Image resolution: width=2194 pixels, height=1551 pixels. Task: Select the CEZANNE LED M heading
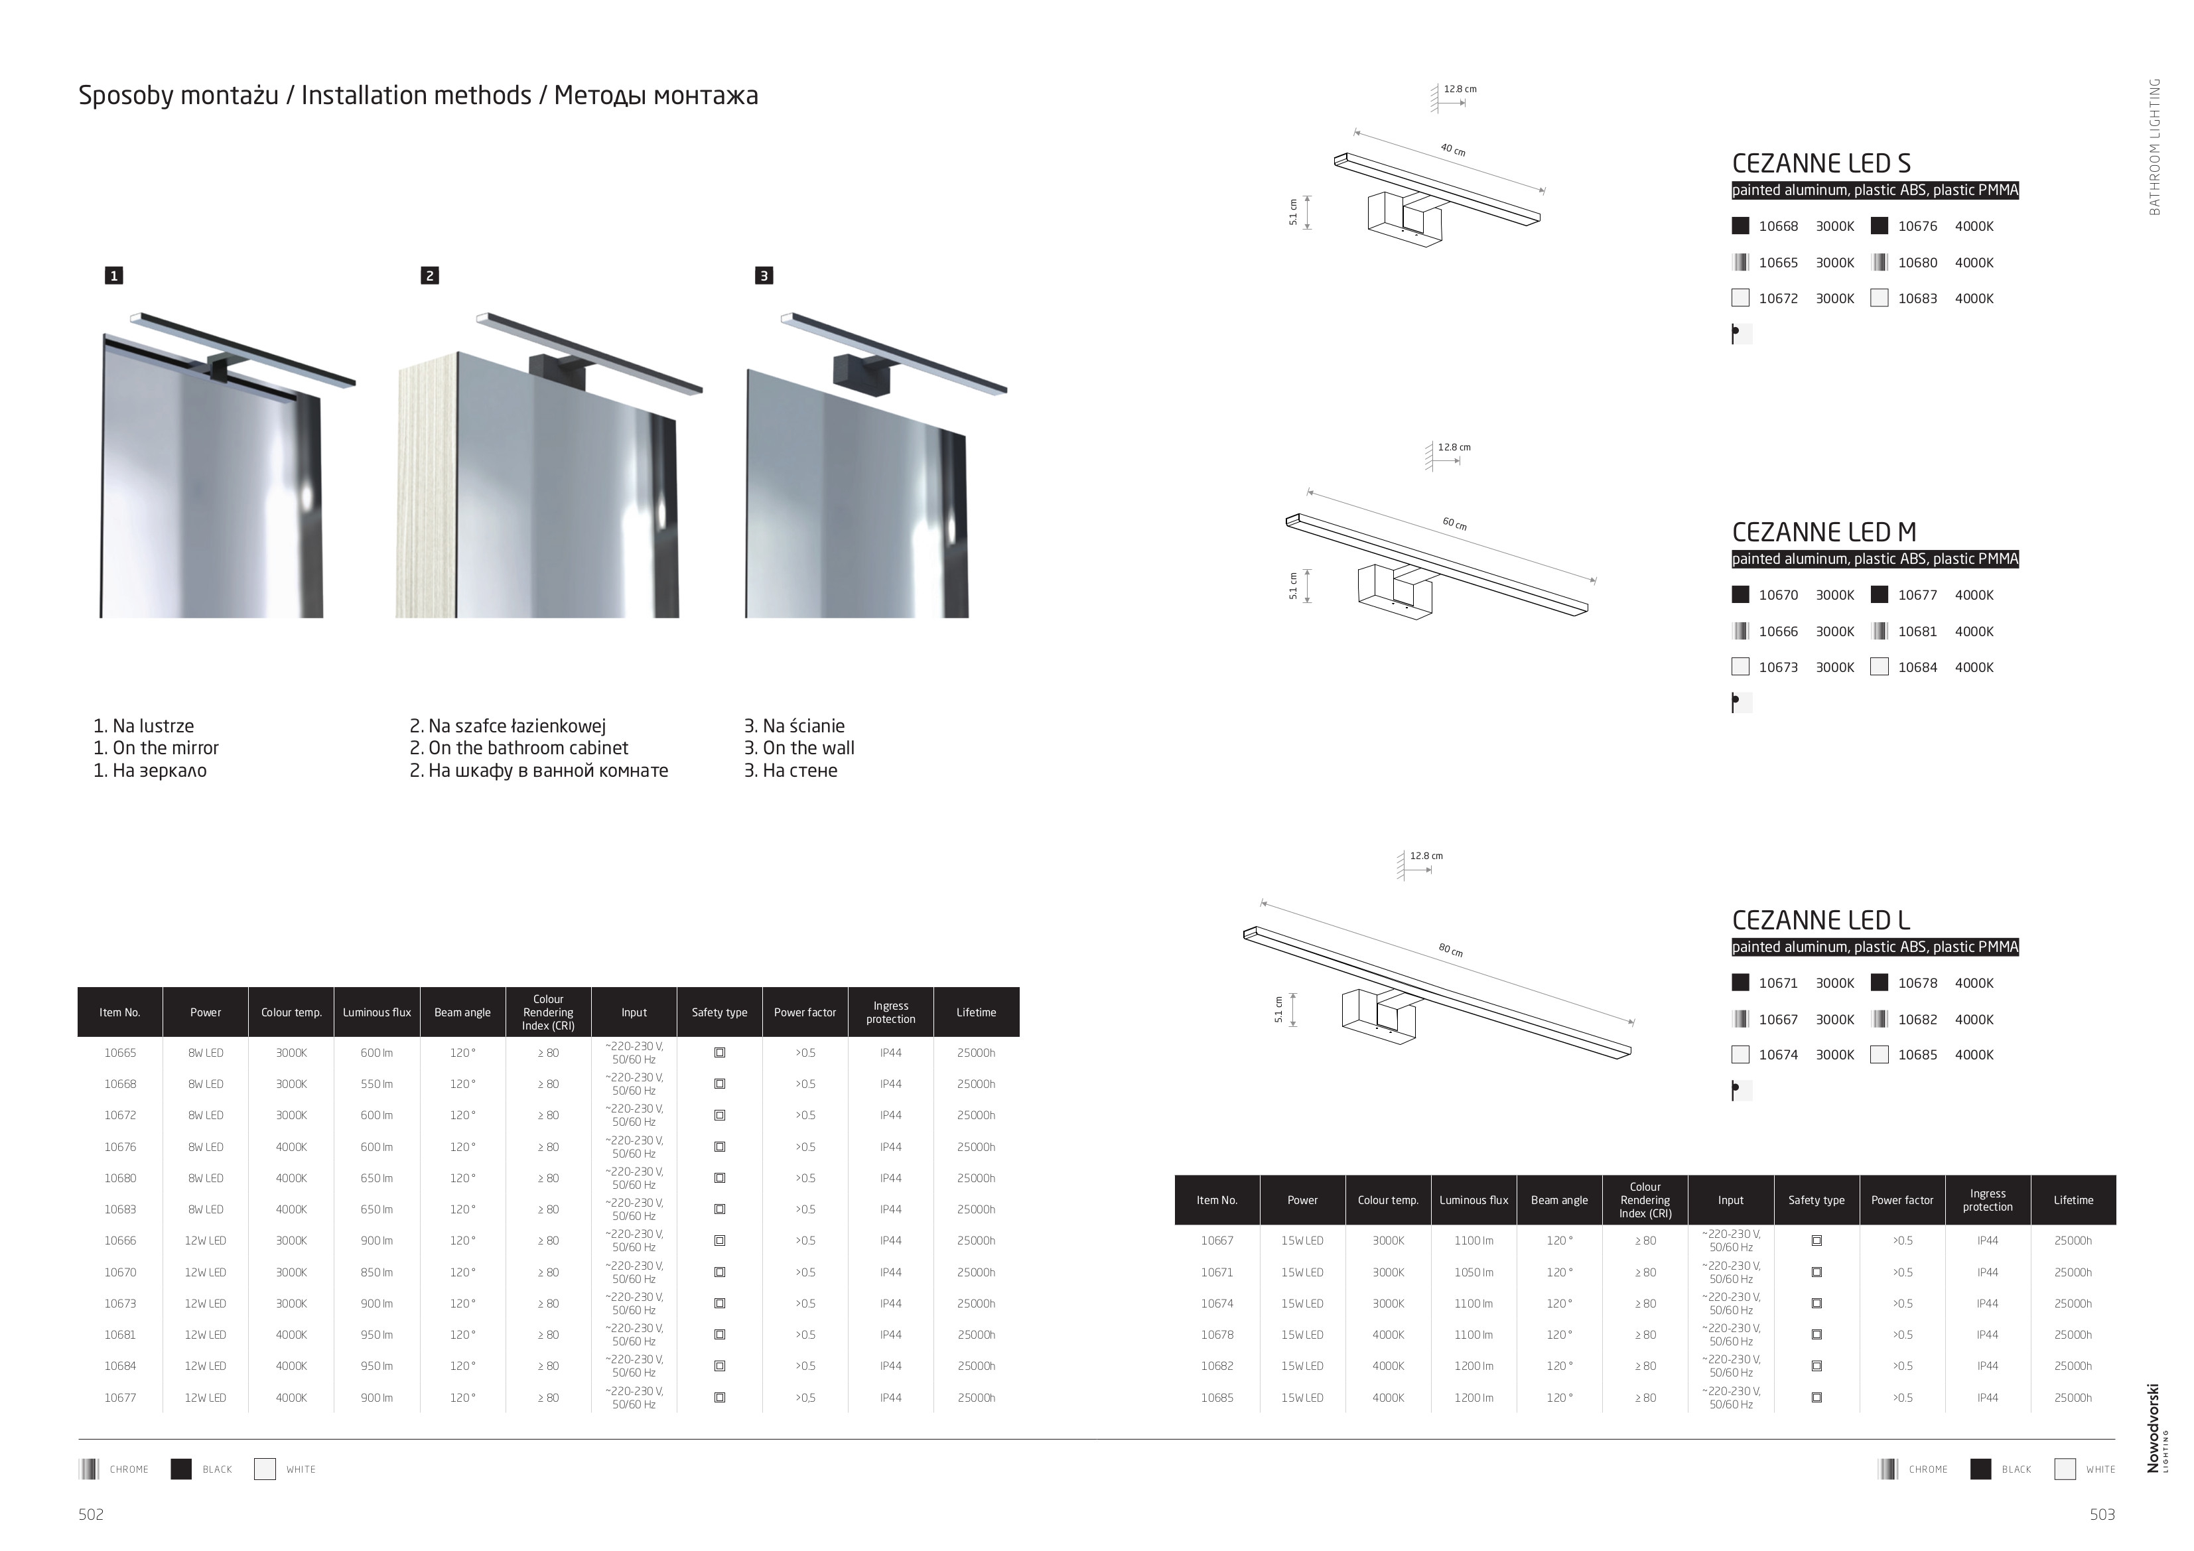1823,532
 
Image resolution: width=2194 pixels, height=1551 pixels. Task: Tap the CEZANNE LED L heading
1820,920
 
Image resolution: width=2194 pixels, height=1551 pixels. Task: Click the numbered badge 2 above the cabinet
430,276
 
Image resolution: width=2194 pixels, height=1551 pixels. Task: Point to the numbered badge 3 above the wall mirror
764,276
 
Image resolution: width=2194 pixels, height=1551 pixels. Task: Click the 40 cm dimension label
1452,149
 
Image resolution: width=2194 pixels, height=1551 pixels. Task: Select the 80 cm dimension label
1450,950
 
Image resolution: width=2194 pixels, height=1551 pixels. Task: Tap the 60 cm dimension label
1454,523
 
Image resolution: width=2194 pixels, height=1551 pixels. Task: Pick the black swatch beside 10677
1880,594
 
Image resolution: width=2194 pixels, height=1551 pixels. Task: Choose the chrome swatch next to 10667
1741,1019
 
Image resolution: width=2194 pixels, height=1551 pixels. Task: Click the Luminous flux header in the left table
376,1013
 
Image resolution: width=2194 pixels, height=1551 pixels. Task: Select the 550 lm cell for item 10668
376,1085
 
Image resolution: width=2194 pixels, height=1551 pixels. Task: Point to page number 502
91,1515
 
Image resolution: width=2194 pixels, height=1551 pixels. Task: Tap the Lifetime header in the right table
2073,1200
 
